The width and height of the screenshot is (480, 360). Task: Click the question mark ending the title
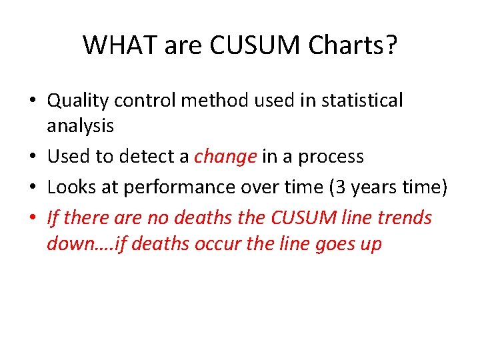(x=391, y=45)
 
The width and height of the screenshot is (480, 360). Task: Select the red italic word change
(x=225, y=157)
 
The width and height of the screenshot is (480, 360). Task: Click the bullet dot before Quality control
(x=33, y=101)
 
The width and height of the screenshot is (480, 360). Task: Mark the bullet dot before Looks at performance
(x=33, y=188)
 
